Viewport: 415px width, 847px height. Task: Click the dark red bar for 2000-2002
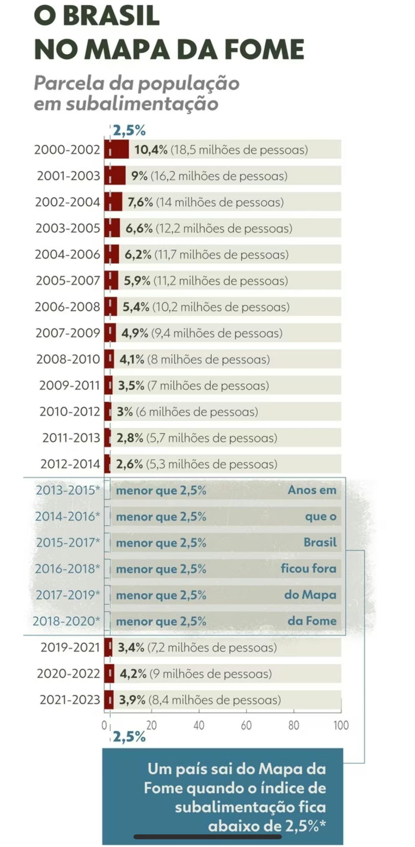tap(117, 149)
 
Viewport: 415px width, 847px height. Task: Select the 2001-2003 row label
tap(68, 176)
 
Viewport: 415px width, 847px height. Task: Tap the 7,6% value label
tap(140, 202)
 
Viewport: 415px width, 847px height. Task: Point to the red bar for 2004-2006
tap(112, 254)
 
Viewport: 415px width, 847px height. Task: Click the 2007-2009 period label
tap(68, 333)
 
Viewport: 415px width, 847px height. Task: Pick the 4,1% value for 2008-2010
tap(132, 359)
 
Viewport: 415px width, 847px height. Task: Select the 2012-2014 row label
tap(70, 464)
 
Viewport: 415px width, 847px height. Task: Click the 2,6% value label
tap(130, 464)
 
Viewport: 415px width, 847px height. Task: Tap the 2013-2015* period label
tap(68, 490)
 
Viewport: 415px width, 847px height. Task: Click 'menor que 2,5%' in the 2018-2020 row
tap(161, 622)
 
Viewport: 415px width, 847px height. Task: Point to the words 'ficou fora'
tap(309, 569)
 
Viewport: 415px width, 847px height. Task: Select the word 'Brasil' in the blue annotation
tap(320, 542)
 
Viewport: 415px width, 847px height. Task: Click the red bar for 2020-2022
tap(110, 674)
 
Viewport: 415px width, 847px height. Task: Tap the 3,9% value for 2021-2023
tap(132, 700)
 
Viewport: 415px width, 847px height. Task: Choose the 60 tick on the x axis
tap(246, 725)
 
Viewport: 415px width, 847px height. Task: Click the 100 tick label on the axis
tap(341, 725)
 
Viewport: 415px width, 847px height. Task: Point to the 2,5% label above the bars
tap(129, 131)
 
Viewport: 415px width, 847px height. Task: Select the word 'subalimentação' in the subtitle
tap(142, 103)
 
